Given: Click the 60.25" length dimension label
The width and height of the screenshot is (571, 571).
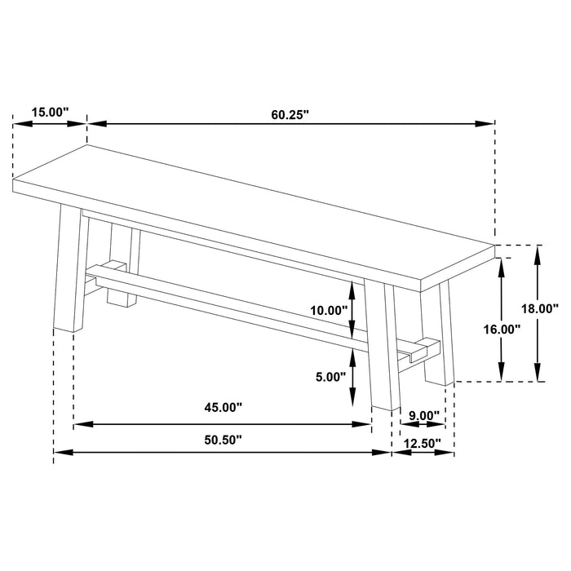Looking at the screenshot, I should pos(290,114).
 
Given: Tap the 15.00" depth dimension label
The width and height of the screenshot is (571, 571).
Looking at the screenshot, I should pos(50,112).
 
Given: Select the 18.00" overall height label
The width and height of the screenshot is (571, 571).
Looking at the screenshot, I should pos(539,308).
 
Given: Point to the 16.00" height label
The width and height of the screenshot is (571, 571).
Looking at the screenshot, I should pos(501,330).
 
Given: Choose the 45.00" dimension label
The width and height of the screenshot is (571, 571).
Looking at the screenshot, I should pos(223,407).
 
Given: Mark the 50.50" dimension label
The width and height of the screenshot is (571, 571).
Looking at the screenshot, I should pos(223,440).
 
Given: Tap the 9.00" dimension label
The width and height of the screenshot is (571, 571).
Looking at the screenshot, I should pos(423,415).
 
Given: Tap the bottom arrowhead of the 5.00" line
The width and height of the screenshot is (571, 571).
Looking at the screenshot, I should pos(352,401).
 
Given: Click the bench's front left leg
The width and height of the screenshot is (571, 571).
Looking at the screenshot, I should pos(71,269).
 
